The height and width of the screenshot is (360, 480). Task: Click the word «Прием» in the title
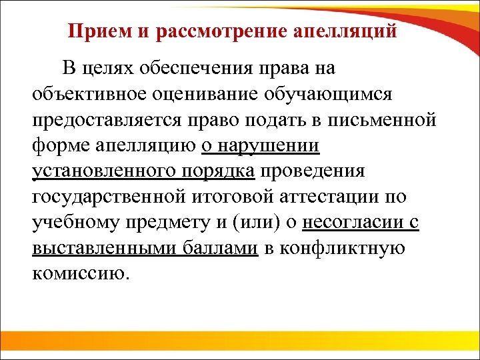click(x=93, y=31)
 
